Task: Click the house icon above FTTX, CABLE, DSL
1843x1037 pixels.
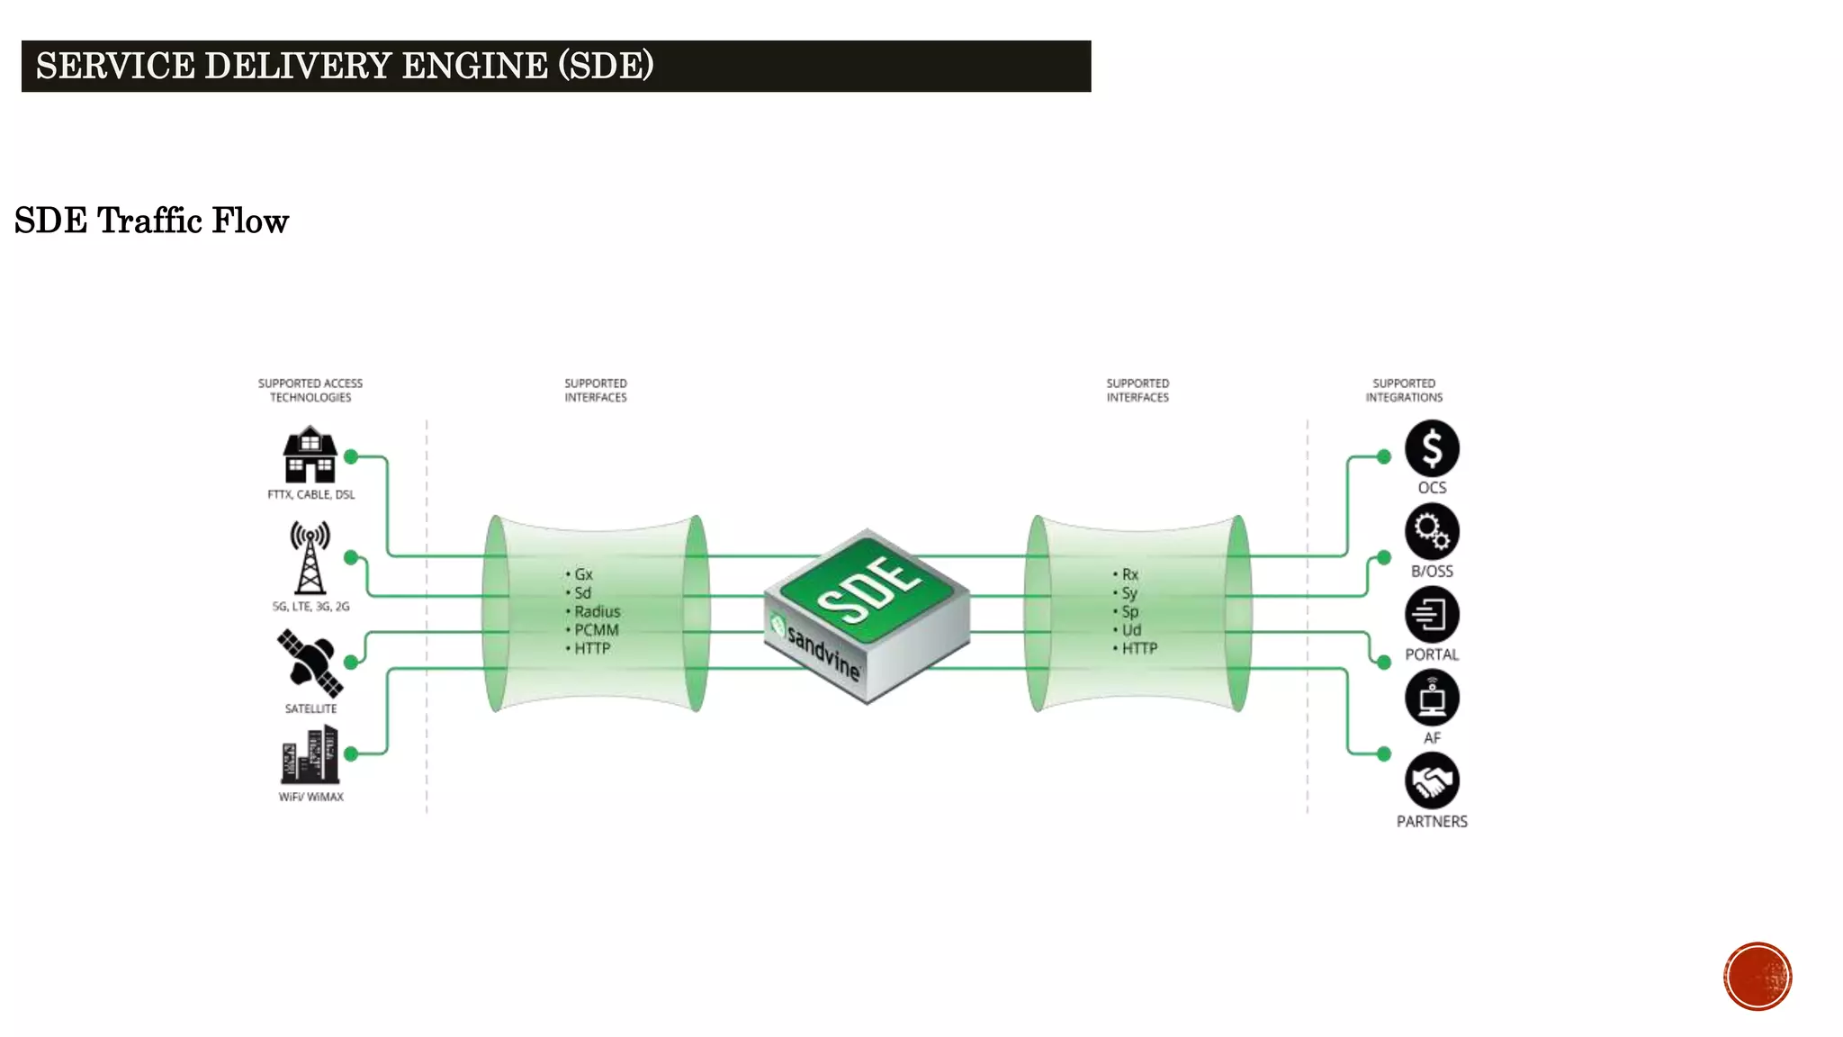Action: (x=310, y=455)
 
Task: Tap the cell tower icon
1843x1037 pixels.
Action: (x=310, y=558)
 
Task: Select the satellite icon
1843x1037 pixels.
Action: (x=310, y=663)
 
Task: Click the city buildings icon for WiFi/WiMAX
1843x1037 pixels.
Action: (x=310, y=755)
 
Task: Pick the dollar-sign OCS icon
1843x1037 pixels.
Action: (x=1431, y=448)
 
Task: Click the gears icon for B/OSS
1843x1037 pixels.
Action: (x=1431, y=531)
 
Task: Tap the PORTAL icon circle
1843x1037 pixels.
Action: (x=1431, y=615)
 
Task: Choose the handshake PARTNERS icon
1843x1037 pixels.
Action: (x=1431, y=780)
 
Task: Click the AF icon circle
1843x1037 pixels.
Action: (x=1431, y=698)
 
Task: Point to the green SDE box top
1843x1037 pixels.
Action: (x=868, y=589)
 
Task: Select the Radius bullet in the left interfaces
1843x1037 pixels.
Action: (x=597, y=611)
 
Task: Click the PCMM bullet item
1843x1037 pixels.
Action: (x=596, y=630)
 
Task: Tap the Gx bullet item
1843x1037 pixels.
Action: (x=583, y=574)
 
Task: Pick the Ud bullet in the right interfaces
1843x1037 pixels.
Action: (x=1131, y=630)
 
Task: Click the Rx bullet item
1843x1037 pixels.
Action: (x=1129, y=574)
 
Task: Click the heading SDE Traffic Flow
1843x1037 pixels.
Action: (x=151, y=221)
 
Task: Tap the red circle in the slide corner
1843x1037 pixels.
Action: (x=1757, y=976)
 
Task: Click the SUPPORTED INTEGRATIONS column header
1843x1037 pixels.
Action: (x=1403, y=390)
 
